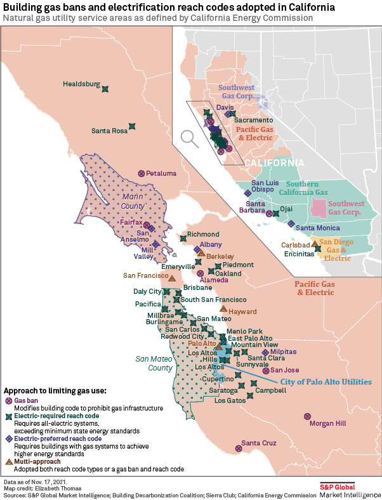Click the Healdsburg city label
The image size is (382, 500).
pos(81,84)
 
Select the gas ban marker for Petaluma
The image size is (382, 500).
pos(142,173)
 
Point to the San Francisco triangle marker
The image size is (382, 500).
pos(172,278)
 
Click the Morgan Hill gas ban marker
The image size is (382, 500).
pos(308,417)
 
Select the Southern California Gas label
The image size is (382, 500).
pos(303,188)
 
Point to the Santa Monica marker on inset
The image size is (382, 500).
pos(291,223)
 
